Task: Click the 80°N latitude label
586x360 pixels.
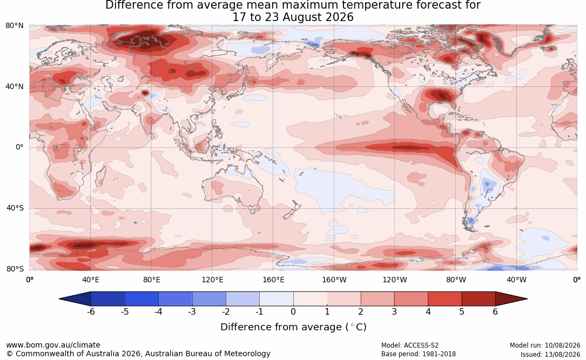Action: pyautogui.click(x=14, y=26)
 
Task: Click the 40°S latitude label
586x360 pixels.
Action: pyautogui.click(x=15, y=208)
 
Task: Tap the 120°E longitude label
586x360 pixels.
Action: pyautogui.click(x=212, y=280)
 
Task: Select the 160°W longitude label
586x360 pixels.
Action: pyautogui.click(x=334, y=280)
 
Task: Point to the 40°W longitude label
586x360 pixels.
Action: pyautogui.click(x=516, y=280)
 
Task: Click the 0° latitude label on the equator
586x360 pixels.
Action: pyautogui.click(x=19, y=147)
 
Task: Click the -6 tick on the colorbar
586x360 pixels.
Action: pyautogui.click(x=91, y=311)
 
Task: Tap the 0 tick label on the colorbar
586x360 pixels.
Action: pyautogui.click(x=293, y=311)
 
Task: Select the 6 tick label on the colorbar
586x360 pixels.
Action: pyautogui.click(x=495, y=311)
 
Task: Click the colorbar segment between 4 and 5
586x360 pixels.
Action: pyautogui.click(x=444, y=299)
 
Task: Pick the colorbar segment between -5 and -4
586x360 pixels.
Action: pyautogui.click(x=142, y=299)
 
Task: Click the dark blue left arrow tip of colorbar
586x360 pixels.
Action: pyautogui.click(x=60, y=299)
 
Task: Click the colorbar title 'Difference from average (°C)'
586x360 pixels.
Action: pyautogui.click(x=293, y=327)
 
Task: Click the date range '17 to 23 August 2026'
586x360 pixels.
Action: pyautogui.click(x=293, y=17)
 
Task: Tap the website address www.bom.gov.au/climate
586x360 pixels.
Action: pyautogui.click(x=53, y=345)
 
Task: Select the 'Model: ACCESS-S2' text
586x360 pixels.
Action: pyautogui.click(x=410, y=345)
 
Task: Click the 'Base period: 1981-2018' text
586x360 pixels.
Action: pyautogui.click(x=419, y=354)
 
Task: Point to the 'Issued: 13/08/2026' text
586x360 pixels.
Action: pyautogui.click(x=550, y=354)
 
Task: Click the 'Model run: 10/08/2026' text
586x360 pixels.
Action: pyautogui.click(x=545, y=345)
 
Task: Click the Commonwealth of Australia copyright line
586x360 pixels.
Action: pyautogui.click(x=138, y=354)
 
